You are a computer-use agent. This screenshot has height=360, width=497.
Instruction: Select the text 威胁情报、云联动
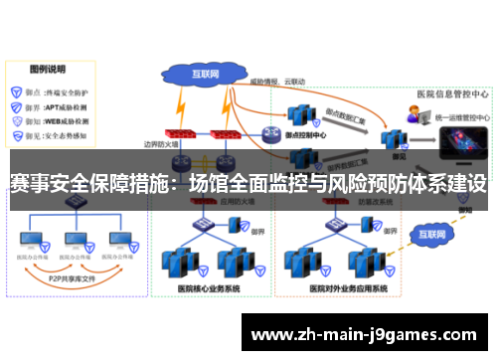pyautogui.click(x=276, y=81)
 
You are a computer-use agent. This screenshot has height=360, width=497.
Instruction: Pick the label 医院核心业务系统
pyautogui.click(x=212, y=288)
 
